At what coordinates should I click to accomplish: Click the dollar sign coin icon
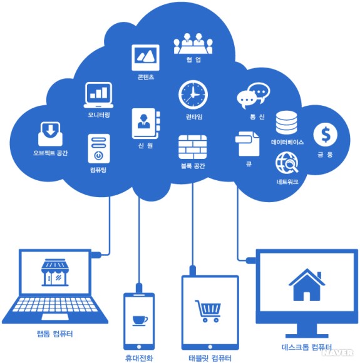[x=325, y=135]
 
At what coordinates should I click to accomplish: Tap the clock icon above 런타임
[x=193, y=95]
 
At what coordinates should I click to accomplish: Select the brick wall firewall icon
[x=192, y=147]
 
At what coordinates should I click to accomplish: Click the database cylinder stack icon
[x=286, y=123]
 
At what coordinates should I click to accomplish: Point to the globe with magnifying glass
[x=287, y=163]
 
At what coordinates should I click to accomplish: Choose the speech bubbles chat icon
[x=253, y=96]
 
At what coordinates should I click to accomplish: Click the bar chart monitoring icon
[x=99, y=95]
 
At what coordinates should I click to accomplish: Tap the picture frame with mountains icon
[x=145, y=58]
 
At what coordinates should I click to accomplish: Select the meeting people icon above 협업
[x=193, y=44]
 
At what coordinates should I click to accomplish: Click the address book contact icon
[x=146, y=123]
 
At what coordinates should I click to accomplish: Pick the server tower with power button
[x=99, y=148]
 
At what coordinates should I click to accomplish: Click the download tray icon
[x=50, y=134]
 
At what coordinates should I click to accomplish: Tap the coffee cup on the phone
[x=140, y=320]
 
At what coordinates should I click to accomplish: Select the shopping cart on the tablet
[x=208, y=311]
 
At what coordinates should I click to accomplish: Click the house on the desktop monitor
[x=307, y=285]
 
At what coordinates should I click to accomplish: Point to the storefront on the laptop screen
[x=55, y=272]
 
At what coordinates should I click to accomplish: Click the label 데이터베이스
[x=287, y=142]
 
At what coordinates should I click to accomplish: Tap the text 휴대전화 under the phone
[x=139, y=358]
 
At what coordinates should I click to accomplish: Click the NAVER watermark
[x=337, y=352]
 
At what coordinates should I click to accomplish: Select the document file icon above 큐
[x=247, y=144]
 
